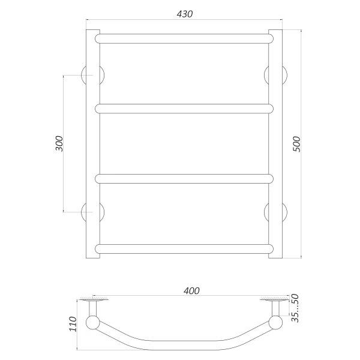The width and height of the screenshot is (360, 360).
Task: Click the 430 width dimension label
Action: click(185, 14)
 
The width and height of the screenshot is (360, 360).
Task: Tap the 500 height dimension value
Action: click(296, 144)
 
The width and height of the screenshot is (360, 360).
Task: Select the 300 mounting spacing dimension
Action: click(59, 143)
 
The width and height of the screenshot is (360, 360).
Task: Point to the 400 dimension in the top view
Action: click(191, 291)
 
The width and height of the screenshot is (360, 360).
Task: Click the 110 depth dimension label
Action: click(73, 324)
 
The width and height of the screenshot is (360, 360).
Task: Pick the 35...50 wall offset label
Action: click(295, 308)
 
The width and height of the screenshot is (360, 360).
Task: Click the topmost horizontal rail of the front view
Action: click(184, 39)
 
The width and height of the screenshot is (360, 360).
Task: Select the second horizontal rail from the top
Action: click(184, 109)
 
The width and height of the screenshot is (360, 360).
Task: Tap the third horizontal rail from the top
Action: click(184, 179)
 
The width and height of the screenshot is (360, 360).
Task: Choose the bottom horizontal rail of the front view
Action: click(184, 249)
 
